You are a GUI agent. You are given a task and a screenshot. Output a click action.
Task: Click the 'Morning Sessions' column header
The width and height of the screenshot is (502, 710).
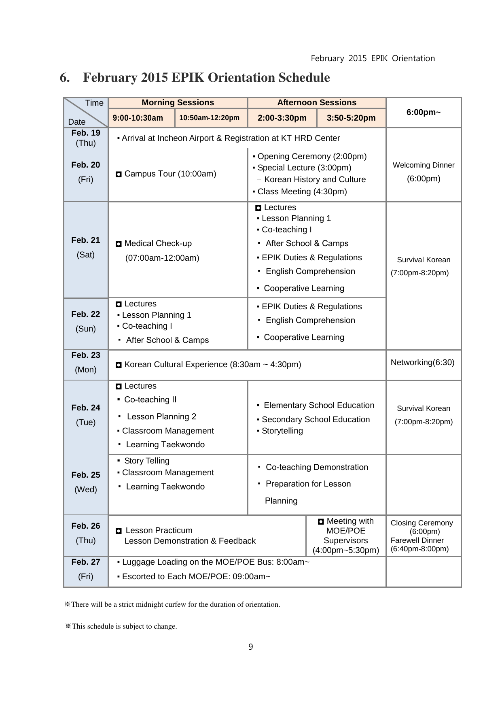[x=178, y=103]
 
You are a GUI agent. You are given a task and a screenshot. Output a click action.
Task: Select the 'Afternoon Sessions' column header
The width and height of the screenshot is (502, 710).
[x=317, y=103]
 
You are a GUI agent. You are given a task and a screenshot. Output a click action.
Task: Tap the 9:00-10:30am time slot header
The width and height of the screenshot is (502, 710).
[x=138, y=118]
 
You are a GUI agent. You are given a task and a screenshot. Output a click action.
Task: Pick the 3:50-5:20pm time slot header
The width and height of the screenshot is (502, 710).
[x=351, y=118]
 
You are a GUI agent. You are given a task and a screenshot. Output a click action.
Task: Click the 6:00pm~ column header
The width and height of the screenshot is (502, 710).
[x=424, y=112]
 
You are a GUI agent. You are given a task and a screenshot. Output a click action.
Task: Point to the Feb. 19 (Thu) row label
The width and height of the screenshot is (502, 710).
[x=86, y=138]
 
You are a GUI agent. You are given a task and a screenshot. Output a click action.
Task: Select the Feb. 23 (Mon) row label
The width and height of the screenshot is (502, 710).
[x=86, y=362]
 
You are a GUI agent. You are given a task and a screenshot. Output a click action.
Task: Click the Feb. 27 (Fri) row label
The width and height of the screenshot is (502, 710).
[x=86, y=569]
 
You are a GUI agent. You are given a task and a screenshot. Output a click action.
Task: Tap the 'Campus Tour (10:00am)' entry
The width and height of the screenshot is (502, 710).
[x=170, y=174]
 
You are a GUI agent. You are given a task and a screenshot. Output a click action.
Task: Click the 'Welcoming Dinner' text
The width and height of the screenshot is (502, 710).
[x=424, y=165]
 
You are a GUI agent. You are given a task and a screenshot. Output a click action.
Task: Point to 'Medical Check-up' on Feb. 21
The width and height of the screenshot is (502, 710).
[x=158, y=244]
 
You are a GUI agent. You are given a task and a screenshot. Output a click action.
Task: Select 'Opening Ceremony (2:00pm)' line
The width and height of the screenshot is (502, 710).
[x=312, y=156]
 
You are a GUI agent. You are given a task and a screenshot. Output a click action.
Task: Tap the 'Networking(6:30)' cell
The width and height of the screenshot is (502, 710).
[x=423, y=362]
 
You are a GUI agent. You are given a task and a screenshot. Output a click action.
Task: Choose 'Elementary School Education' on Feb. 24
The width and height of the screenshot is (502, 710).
[x=319, y=406]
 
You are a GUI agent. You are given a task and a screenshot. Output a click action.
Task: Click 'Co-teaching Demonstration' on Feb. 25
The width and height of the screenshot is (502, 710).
[x=317, y=468]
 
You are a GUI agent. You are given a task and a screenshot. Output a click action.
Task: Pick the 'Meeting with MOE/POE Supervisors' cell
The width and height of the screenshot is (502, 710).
[x=346, y=536]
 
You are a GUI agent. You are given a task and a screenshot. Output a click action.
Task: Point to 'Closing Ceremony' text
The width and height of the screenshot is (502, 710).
[x=422, y=523]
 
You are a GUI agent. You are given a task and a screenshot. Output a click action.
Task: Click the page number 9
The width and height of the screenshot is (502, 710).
[x=251, y=647]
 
